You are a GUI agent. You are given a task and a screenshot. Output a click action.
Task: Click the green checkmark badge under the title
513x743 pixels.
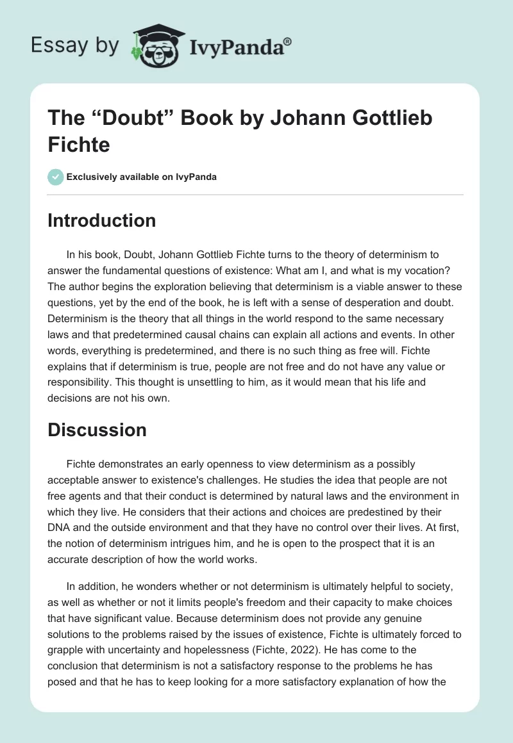click(x=56, y=177)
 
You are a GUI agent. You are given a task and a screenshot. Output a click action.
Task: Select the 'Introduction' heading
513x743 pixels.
click(x=101, y=220)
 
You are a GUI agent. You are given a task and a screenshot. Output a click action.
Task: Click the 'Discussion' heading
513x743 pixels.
click(x=97, y=430)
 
